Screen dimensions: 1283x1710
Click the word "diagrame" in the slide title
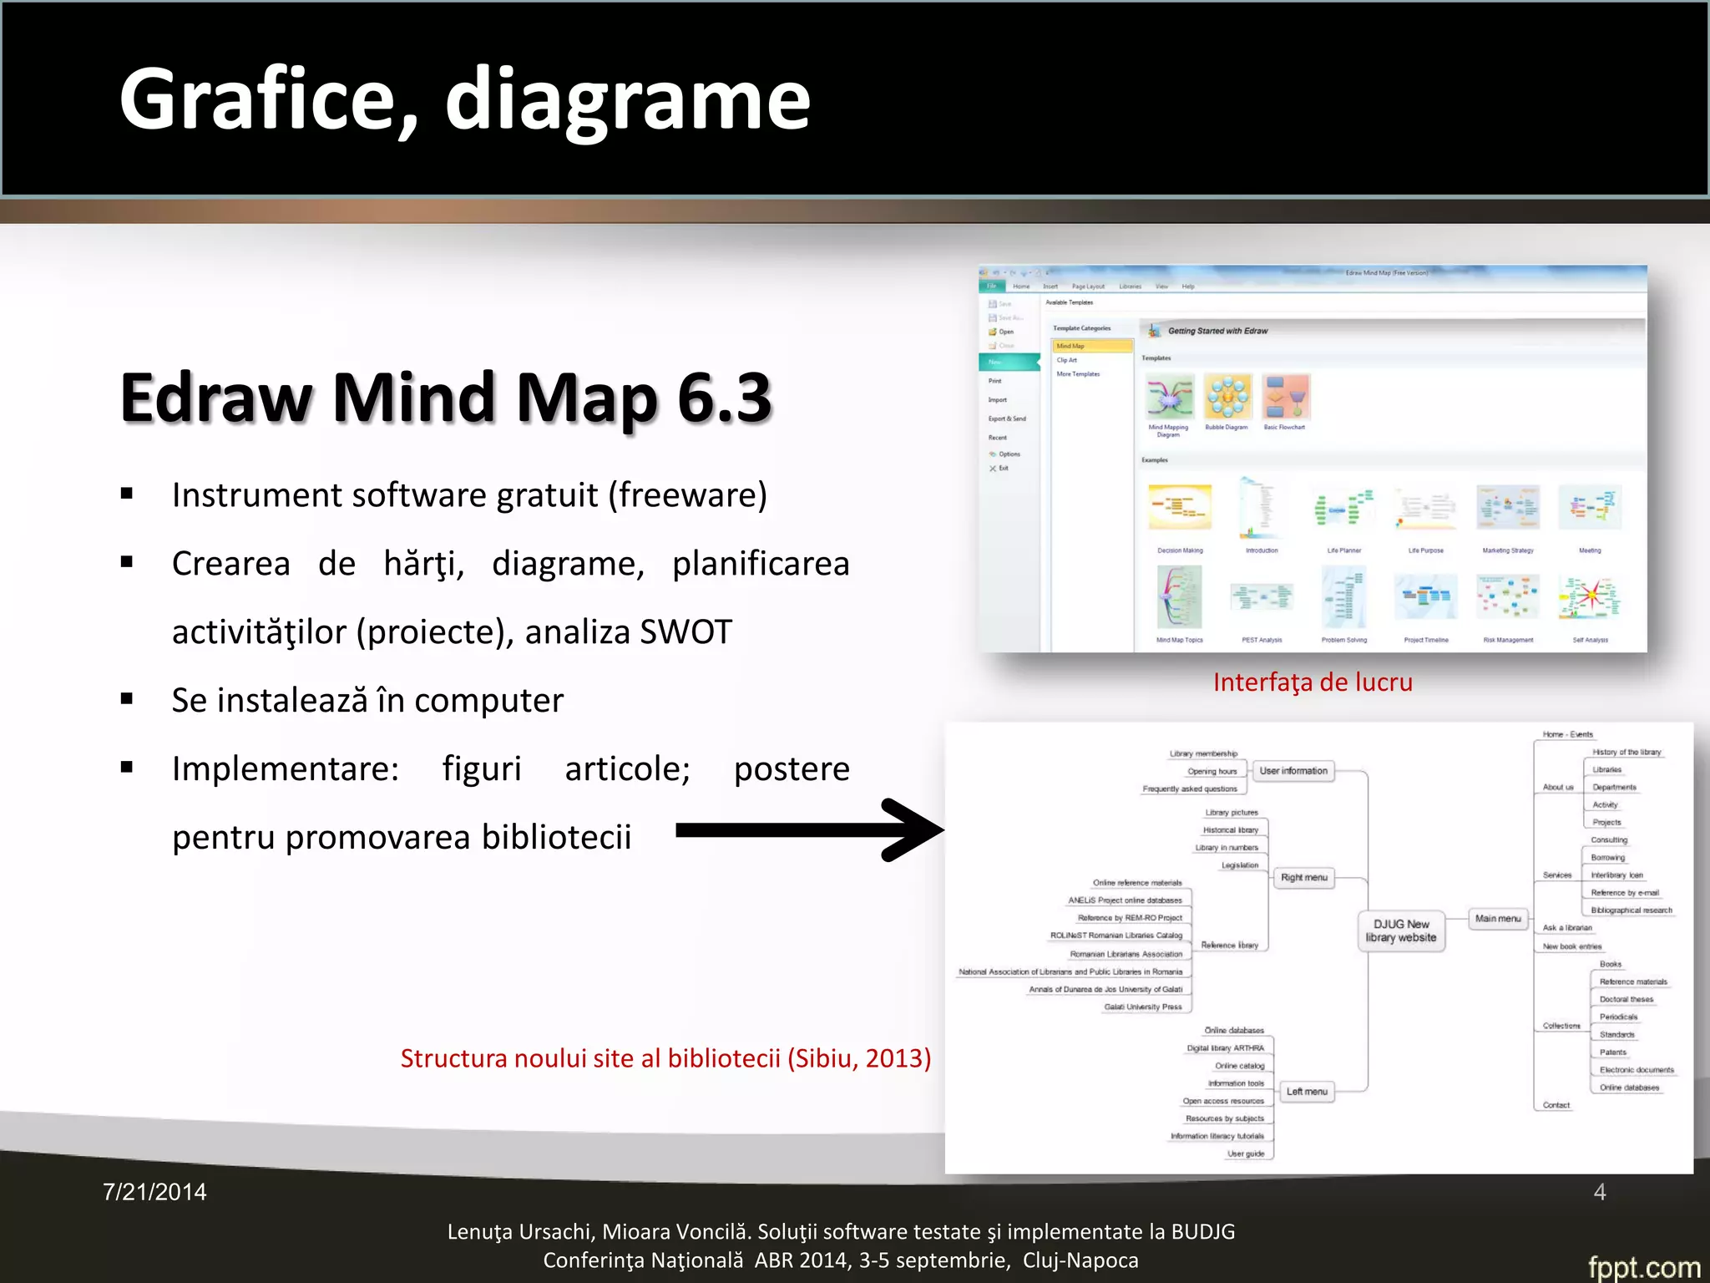(x=627, y=100)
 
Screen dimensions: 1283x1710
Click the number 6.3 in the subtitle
(x=724, y=398)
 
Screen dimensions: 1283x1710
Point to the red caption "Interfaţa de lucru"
(x=1313, y=682)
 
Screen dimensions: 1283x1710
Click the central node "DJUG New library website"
(x=1401, y=931)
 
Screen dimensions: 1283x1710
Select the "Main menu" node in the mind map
(x=1498, y=918)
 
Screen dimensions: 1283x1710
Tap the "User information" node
(x=1293, y=771)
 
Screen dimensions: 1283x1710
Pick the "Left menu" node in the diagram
(x=1307, y=1091)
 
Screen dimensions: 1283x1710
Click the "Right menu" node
(x=1303, y=877)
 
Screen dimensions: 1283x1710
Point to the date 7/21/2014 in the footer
(x=154, y=1192)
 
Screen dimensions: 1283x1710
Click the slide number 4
(x=1599, y=1192)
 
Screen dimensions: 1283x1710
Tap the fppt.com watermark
(x=1643, y=1266)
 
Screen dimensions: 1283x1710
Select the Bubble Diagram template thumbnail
(x=1227, y=398)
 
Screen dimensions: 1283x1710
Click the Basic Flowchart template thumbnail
(x=1285, y=398)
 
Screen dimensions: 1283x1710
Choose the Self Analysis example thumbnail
(x=1590, y=598)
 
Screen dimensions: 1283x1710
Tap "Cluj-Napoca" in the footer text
(x=1080, y=1260)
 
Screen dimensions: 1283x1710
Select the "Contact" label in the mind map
(x=1556, y=1105)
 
